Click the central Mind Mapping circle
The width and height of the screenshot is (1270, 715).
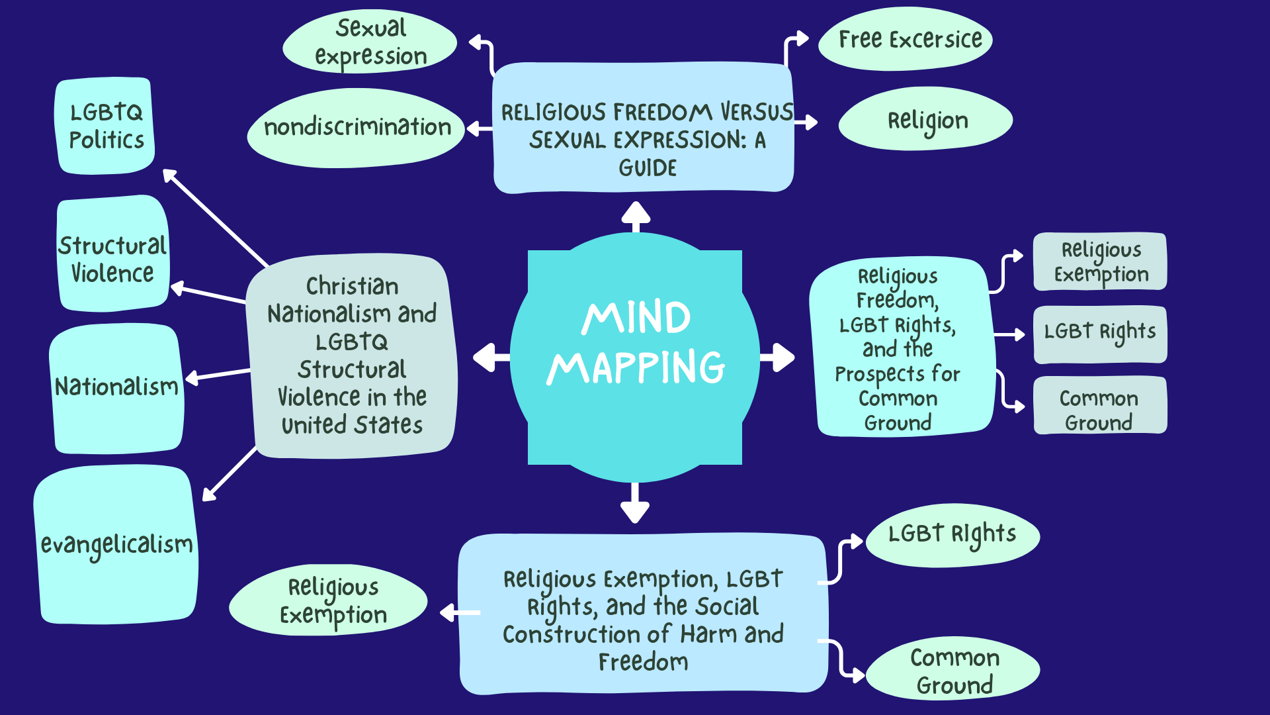click(x=635, y=358)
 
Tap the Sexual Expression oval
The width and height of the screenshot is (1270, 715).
click(x=370, y=42)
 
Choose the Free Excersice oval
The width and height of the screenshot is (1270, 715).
click(x=906, y=39)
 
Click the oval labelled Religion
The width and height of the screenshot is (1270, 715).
click(x=925, y=120)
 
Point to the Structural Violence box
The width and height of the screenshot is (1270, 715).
click(x=113, y=253)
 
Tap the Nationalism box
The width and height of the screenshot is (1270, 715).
click(x=116, y=388)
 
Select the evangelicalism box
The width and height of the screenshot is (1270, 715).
click(x=116, y=544)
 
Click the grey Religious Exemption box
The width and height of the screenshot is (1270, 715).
click(x=1100, y=262)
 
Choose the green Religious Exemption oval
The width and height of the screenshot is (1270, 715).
click(x=329, y=600)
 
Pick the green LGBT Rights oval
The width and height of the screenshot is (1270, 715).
click(x=952, y=535)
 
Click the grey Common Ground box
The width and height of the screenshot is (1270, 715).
click(x=1100, y=405)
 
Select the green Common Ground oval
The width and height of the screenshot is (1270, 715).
click(x=952, y=669)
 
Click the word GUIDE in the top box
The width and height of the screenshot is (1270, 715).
click(x=648, y=168)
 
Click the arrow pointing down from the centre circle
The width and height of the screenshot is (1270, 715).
click(x=635, y=503)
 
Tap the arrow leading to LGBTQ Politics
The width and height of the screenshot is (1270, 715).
click(x=216, y=218)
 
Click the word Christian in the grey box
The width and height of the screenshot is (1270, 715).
click(x=352, y=286)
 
